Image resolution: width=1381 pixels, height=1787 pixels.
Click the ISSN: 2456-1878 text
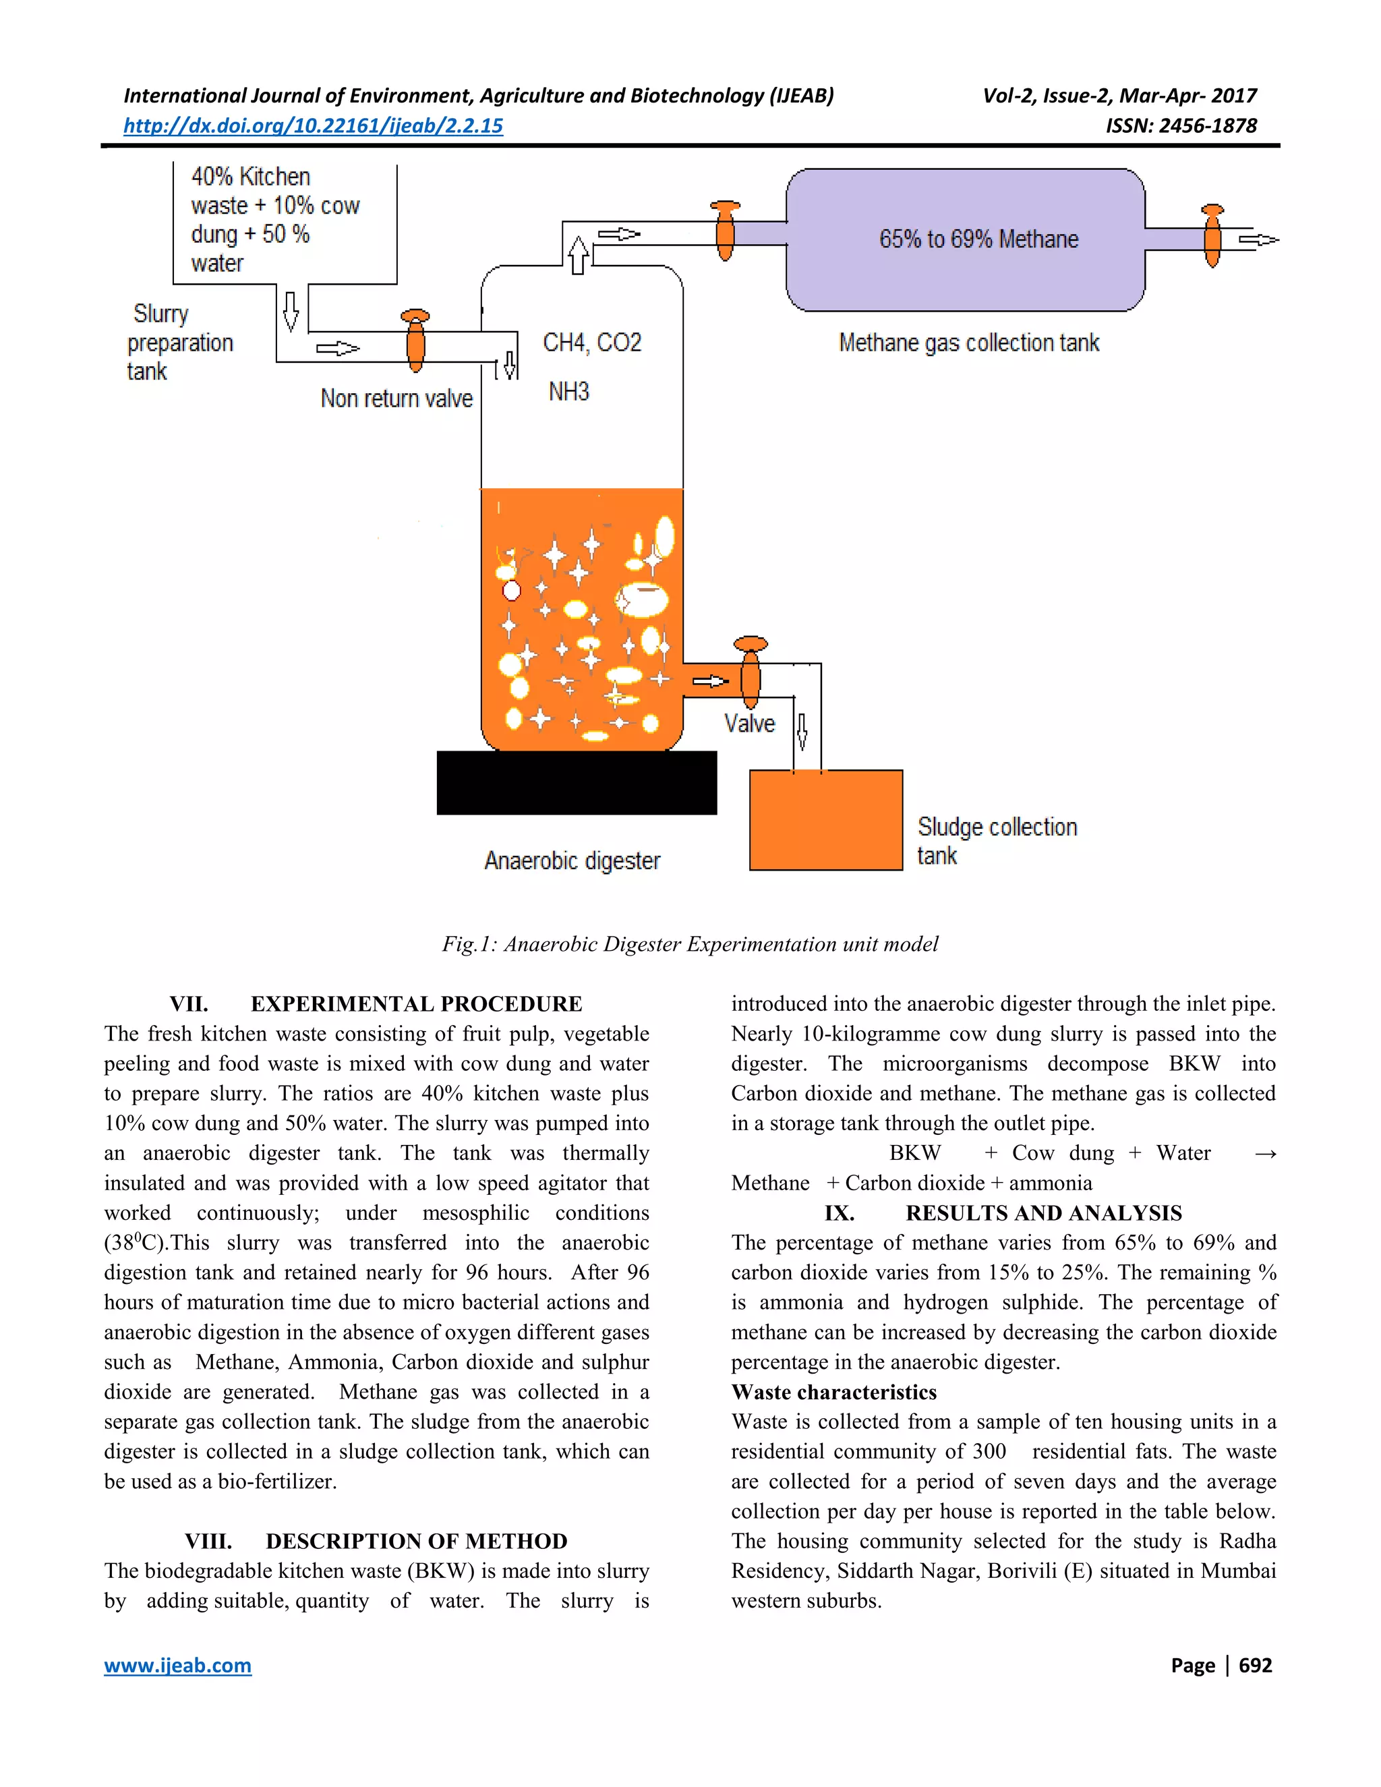1181,125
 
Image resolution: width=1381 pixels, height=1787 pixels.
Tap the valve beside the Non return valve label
415,342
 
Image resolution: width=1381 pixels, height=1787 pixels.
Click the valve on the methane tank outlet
1212,237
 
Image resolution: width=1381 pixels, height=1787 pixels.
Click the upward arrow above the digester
578,254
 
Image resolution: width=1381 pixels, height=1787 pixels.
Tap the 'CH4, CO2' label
592,342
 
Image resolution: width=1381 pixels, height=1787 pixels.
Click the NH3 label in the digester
568,391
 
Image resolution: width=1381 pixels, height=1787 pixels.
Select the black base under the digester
577,782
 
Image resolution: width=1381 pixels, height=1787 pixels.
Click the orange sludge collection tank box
825,820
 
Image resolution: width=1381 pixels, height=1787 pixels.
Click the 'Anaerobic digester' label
572,860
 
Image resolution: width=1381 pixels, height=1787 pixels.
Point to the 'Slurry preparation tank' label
180,342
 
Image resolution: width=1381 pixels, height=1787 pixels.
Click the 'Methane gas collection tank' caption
969,343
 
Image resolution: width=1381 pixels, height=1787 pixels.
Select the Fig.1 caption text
690,944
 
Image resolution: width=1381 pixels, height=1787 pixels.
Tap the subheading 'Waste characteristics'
833,1392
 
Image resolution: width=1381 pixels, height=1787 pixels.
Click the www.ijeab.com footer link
177,1665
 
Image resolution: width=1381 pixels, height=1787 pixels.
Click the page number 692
1255,1665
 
